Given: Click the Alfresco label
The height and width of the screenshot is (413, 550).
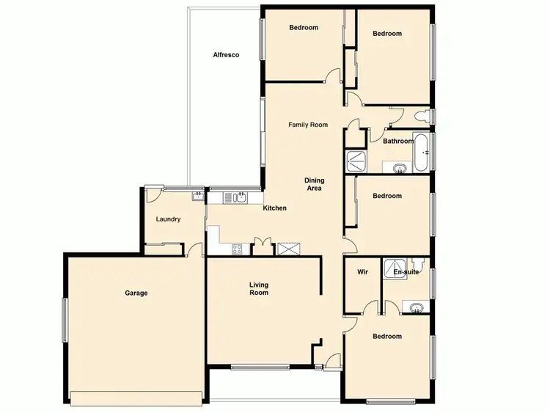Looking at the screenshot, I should [226, 55].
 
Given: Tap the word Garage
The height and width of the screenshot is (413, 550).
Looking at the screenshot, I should [136, 293].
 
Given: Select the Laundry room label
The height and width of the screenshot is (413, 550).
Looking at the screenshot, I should [168, 219].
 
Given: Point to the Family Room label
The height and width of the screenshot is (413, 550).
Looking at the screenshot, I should [307, 125].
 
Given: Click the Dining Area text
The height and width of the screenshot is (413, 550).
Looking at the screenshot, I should [315, 184].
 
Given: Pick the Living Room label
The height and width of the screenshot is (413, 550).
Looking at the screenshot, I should [259, 288].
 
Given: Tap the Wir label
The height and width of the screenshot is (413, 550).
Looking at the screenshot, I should [362, 271].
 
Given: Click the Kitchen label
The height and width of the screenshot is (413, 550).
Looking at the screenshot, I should [275, 208].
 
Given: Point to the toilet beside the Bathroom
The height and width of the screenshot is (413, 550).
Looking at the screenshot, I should [422, 116].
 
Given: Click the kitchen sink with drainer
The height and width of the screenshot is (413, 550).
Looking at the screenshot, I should [235, 197].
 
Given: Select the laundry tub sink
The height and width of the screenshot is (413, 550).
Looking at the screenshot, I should [197, 195].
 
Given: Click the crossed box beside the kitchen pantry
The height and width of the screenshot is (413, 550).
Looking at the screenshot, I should [287, 249].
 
